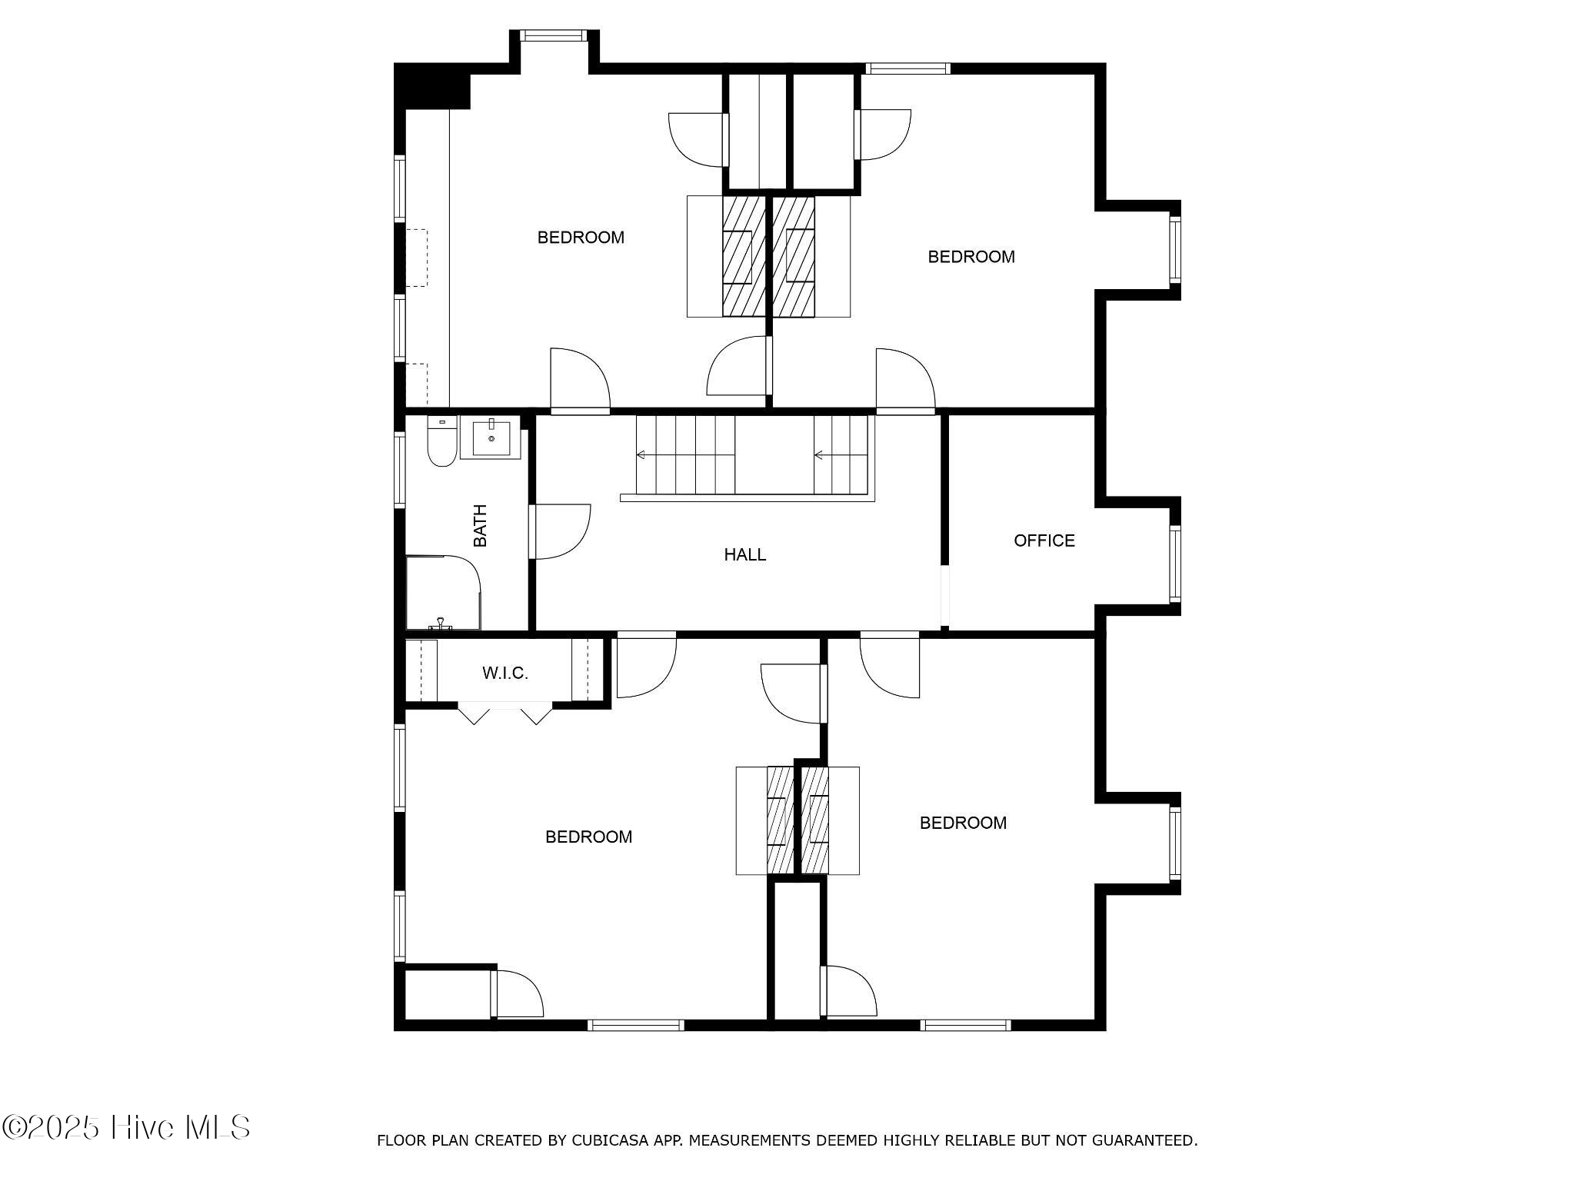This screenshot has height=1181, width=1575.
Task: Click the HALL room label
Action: click(744, 554)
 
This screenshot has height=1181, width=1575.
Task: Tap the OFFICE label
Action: click(1044, 541)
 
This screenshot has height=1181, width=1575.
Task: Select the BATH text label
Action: click(480, 526)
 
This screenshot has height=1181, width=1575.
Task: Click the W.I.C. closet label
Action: click(505, 674)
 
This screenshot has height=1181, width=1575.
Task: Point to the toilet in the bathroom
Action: click(441, 441)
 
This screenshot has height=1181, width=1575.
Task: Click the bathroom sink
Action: click(491, 438)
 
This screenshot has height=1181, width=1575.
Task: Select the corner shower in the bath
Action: click(443, 593)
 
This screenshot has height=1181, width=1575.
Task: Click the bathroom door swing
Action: click(561, 532)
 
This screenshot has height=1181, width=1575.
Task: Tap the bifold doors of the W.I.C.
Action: click(505, 714)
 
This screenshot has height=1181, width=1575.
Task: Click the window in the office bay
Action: click(1175, 564)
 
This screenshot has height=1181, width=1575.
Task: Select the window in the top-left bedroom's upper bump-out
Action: click(554, 35)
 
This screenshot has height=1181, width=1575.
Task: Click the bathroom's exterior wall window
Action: click(400, 470)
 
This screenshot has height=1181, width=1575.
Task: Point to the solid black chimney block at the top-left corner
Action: click(432, 86)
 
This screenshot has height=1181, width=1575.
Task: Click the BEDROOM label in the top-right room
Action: click(971, 257)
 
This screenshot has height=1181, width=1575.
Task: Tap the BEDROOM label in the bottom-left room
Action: click(589, 837)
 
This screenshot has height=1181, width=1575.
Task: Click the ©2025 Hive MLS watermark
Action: click(126, 1127)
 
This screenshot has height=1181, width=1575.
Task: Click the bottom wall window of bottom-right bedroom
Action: click(966, 1025)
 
